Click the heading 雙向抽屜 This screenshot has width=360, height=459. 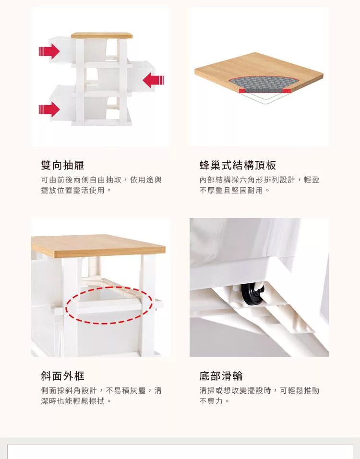point(62,165)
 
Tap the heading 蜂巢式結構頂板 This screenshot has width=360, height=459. point(238,165)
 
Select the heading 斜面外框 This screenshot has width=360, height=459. point(62,376)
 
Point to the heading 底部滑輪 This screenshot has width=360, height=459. point(221,376)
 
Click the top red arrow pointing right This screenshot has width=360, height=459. point(49,51)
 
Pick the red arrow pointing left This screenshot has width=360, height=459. point(154,80)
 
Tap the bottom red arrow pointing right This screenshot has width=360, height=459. point(49,109)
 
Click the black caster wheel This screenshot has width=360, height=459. point(252,294)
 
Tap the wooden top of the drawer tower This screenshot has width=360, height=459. point(102,36)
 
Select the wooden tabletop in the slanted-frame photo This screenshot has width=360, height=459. point(98,245)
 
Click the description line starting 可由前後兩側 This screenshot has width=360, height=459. point(101,180)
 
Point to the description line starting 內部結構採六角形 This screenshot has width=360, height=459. point(259,180)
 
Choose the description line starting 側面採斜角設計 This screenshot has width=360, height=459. point(101,390)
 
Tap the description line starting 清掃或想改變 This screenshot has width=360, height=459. point(259,390)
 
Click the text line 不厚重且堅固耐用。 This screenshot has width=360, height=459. point(235,190)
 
